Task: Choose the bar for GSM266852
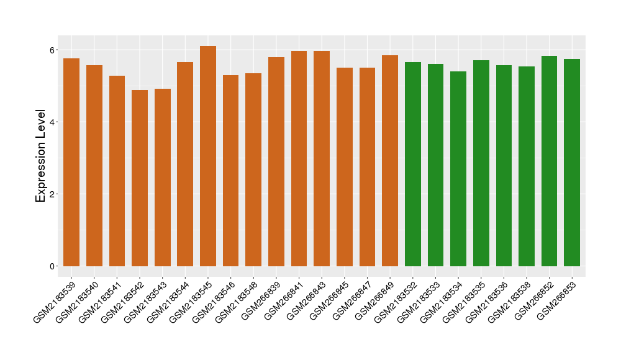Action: [x=549, y=161]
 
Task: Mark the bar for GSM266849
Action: [x=390, y=161]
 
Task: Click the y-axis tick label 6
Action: [x=53, y=50]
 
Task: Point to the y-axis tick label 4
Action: [x=53, y=122]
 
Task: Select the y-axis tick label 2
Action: [x=53, y=194]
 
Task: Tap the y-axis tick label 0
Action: [x=53, y=266]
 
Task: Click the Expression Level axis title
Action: [x=41, y=156]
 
